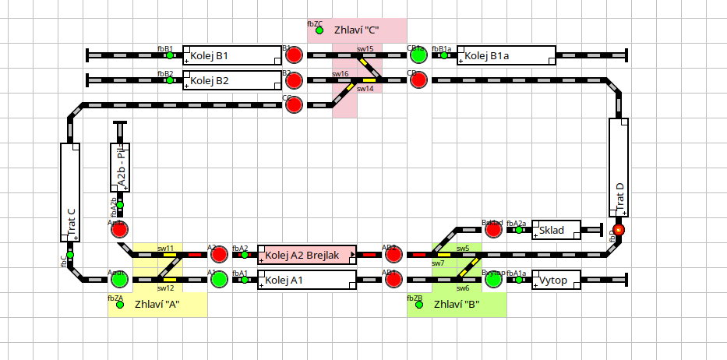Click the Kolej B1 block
[x=232, y=56]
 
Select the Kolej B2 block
[x=232, y=80]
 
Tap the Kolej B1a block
[x=506, y=56]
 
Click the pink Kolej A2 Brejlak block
[x=307, y=254]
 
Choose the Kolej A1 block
[x=307, y=279]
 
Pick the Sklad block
[x=556, y=230]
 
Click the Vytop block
[x=556, y=280]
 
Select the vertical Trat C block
[x=70, y=192]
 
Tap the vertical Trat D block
[x=619, y=168]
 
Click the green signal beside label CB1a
[x=418, y=55]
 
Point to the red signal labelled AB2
[x=393, y=254]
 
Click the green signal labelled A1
[x=219, y=279]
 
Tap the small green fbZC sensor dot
[x=319, y=30]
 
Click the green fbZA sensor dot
[x=120, y=305]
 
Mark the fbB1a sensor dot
[x=444, y=55]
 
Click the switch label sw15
[x=365, y=48]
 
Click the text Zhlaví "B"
[x=457, y=304]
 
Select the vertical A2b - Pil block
[x=120, y=168]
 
